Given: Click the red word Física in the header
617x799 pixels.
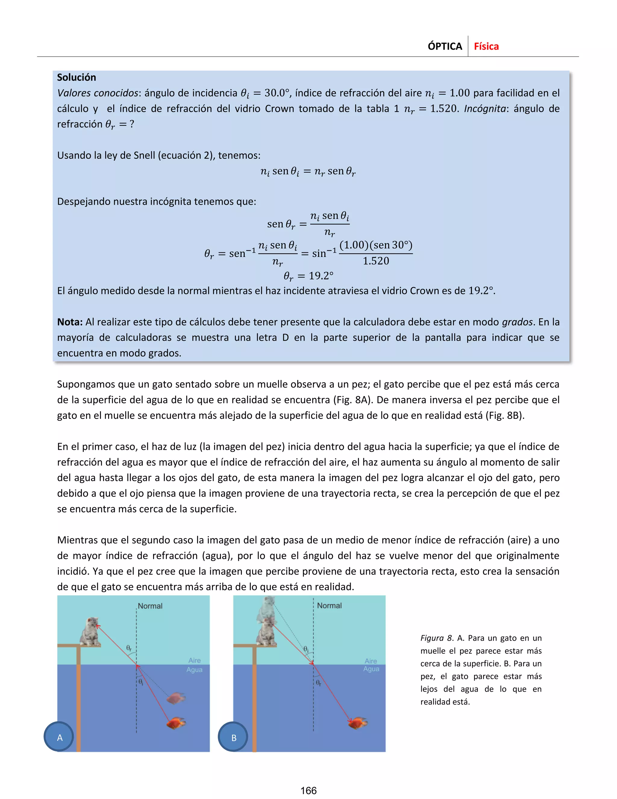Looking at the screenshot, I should click(x=486, y=46).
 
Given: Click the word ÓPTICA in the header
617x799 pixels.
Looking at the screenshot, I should click(x=445, y=46).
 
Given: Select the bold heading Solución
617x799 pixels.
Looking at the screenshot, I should click(x=77, y=77).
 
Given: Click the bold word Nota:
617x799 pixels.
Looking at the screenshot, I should click(x=70, y=322).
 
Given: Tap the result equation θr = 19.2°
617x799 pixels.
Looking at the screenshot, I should click(x=308, y=276).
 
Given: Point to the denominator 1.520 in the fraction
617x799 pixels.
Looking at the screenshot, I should click(x=376, y=261).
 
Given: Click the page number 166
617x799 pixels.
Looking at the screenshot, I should click(x=308, y=790).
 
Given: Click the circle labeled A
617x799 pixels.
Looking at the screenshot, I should click(x=59, y=737).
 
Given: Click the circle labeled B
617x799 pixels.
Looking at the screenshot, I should click(x=233, y=737).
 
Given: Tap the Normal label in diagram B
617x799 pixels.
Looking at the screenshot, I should click(x=329, y=605).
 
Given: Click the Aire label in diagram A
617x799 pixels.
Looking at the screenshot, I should click(x=194, y=660).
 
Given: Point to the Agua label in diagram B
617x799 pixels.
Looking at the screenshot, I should click(x=371, y=669).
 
